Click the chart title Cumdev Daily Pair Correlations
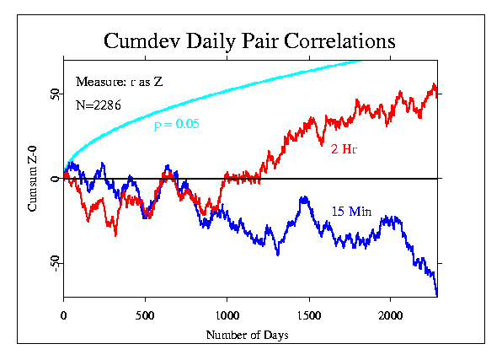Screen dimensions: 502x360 (x=249, y=41)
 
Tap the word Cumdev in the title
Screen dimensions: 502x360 (x=142, y=40)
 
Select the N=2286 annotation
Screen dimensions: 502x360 (x=99, y=105)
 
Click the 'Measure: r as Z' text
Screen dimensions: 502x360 (x=120, y=82)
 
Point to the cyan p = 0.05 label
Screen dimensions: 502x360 (x=177, y=124)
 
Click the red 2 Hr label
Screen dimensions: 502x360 (x=344, y=149)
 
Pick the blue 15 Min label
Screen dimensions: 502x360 (x=351, y=212)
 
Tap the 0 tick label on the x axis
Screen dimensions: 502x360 (x=64, y=315)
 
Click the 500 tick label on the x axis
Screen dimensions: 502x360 (x=145, y=315)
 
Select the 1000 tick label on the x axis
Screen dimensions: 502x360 (x=227, y=315)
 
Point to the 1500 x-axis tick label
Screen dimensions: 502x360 (x=309, y=315)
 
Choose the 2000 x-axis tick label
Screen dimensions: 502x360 (x=390, y=315)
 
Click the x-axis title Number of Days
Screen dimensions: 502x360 (x=247, y=335)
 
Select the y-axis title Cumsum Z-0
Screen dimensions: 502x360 (x=32, y=179)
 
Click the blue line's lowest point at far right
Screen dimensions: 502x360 (x=436, y=296)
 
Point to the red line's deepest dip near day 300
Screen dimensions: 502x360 (x=115, y=236)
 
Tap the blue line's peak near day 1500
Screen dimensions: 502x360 (x=304, y=196)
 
